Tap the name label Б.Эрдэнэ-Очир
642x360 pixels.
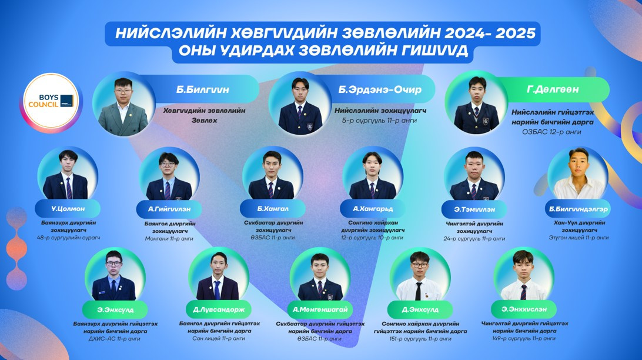tap(380, 89)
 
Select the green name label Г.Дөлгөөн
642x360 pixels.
tap(553, 89)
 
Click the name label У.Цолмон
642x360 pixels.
tap(68, 208)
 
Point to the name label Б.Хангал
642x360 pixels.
tap(273, 209)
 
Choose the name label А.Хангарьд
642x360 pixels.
tap(373, 209)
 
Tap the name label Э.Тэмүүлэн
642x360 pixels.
tap(474, 209)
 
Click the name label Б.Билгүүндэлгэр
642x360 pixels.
tap(578, 209)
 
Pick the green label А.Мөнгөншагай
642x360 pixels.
tap(320, 309)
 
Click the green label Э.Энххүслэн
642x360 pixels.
tap(524, 309)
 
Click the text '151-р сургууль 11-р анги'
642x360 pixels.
tap(420, 339)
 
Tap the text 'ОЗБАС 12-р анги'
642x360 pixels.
tap(551, 132)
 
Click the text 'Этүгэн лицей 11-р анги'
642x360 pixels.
tap(579, 238)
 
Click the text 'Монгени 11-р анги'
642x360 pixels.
tap(169, 238)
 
